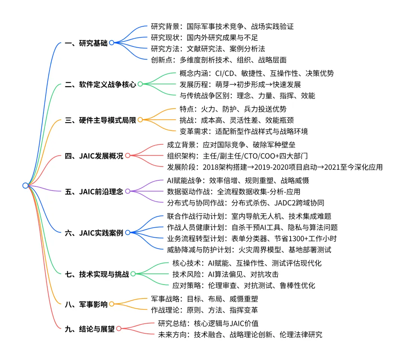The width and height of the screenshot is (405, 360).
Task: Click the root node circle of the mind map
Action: pyautogui.click(x=25, y=186)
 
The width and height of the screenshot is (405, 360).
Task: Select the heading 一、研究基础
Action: pyautogui.click(x=86, y=43)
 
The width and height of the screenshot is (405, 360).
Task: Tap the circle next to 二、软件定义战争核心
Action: pyautogui.click(x=140, y=84)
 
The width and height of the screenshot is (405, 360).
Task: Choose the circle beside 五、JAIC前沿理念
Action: pyautogui.click(x=127, y=191)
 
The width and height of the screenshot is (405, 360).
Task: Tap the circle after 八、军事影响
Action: pyautogui.click(x=111, y=304)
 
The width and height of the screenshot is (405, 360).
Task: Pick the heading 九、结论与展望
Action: pyautogui.click(x=90, y=329)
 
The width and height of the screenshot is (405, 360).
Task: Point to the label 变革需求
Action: pyautogui.click(x=190, y=132)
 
